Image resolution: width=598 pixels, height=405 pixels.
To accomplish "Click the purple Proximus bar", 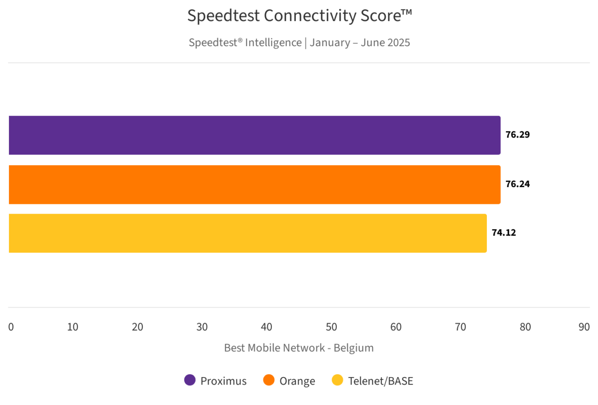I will (255, 135).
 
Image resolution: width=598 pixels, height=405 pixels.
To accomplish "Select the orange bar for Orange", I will (255, 184).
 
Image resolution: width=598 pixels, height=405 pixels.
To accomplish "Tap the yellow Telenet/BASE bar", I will (248, 233).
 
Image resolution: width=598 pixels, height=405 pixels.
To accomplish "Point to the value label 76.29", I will (518, 135).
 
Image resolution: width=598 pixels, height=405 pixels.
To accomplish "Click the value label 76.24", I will (518, 184).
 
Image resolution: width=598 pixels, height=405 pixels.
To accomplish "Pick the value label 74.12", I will (504, 233).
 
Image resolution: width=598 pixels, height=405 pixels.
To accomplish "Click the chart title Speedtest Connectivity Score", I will (299, 16).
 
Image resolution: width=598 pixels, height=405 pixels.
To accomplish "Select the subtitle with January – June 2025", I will (299, 43).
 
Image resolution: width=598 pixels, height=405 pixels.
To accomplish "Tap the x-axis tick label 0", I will (11, 327).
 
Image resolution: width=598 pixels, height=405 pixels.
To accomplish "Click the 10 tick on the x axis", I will (72, 327).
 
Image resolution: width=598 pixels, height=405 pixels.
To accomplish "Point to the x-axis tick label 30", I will (202, 327).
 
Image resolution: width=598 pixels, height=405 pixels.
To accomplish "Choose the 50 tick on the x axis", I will (331, 327).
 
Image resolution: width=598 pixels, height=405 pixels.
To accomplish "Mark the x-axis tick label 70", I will (461, 327).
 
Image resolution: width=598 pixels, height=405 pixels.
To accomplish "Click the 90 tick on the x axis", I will (584, 327).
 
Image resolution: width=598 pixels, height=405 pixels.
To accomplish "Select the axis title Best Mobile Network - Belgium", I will (299, 348).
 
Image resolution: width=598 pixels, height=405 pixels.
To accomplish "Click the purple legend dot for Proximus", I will (190, 381).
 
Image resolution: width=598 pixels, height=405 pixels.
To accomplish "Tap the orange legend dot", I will (269, 381).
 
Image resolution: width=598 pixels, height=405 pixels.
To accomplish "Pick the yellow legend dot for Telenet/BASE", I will (337, 381).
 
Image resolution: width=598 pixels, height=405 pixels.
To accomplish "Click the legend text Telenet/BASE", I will (380, 381).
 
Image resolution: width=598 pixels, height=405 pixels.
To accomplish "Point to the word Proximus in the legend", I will (223, 381).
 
